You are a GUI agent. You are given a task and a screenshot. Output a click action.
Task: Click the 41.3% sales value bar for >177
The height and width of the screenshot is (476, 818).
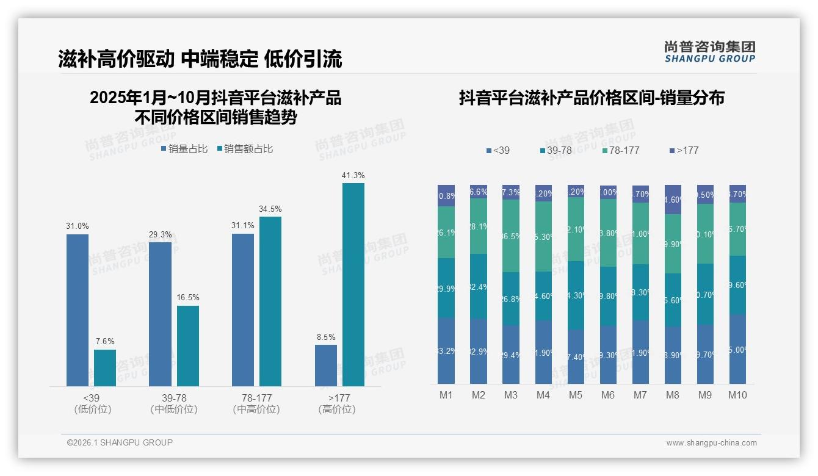(353, 284)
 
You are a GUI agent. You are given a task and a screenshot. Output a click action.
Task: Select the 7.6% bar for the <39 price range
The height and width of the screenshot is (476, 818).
(105, 367)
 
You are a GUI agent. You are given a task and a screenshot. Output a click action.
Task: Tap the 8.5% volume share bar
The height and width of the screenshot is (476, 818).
(326, 365)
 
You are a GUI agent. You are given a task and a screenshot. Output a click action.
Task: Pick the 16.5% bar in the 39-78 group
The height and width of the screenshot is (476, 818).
(188, 345)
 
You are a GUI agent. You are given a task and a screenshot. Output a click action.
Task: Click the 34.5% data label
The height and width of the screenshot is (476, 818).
(270, 209)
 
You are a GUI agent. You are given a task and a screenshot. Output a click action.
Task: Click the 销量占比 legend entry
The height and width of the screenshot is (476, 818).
(184, 149)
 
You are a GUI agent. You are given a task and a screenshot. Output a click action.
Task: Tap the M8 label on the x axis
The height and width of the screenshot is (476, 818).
(672, 395)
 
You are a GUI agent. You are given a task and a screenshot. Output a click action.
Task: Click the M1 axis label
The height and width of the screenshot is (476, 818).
(446, 395)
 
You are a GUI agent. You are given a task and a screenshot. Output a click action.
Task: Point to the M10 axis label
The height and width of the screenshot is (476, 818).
(737, 395)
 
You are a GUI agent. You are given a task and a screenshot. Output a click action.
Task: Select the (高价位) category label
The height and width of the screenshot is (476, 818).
(336, 409)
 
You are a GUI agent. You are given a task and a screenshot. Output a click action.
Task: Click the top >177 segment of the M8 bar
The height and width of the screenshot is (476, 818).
(673, 200)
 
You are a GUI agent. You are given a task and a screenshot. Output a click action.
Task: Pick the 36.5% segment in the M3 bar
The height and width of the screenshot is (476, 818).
(511, 236)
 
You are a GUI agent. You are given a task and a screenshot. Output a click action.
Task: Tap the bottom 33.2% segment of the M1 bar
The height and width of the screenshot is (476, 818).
(446, 351)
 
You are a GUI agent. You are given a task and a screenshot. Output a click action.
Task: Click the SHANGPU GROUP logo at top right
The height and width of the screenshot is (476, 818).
(709, 52)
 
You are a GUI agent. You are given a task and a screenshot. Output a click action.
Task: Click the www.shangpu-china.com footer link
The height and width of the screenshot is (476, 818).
(711, 443)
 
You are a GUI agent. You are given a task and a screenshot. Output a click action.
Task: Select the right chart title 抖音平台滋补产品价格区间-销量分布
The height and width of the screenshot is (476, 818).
(592, 98)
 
